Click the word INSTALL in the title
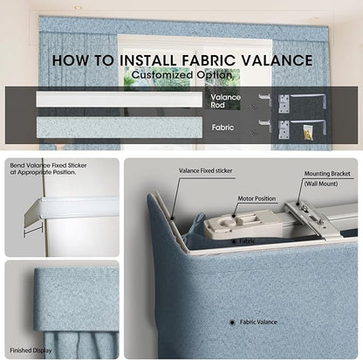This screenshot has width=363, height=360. [x=148, y=60]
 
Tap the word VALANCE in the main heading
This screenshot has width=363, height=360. [x=277, y=60]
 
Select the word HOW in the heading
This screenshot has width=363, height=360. [x=71, y=60]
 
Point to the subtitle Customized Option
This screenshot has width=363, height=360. [x=181, y=75]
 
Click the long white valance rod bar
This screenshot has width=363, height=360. [x=120, y=100]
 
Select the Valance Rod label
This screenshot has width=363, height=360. [x=226, y=100]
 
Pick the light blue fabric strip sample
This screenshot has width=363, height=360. [x=120, y=128]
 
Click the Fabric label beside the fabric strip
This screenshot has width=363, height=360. [x=223, y=128]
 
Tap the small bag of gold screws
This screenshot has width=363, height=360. [x=308, y=132]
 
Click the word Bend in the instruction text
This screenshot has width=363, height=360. [x=17, y=165]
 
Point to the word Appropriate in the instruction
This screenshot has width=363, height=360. [x=38, y=172]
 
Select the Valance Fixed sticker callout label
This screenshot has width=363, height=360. [x=205, y=170]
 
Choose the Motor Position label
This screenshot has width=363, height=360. [x=257, y=198]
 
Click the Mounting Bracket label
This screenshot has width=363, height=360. [x=327, y=174]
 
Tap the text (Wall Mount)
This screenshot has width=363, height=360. [x=321, y=183]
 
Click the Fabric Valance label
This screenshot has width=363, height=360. [x=258, y=322]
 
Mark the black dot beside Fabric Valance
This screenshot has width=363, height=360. [x=232, y=322]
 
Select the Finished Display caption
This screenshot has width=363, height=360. [x=31, y=350]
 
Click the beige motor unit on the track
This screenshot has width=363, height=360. [x=243, y=224]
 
